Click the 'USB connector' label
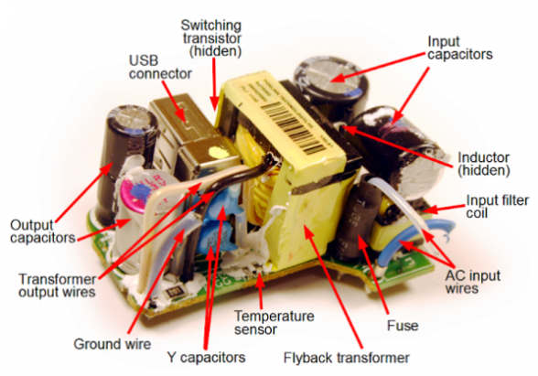[160, 68]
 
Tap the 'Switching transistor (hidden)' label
[211, 38]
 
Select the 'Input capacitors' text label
[459, 48]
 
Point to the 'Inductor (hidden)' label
[484, 164]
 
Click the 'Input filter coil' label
[498, 206]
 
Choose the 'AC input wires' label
[472, 282]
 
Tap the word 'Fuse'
[403, 326]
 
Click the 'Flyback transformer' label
[346, 358]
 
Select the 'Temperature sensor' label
[274, 322]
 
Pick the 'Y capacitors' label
[206, 358]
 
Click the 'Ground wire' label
[113, 344]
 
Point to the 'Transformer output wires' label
[58, 285]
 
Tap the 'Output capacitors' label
[42, 231]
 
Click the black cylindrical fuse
[356, 220]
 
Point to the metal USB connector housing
[192, 137]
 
